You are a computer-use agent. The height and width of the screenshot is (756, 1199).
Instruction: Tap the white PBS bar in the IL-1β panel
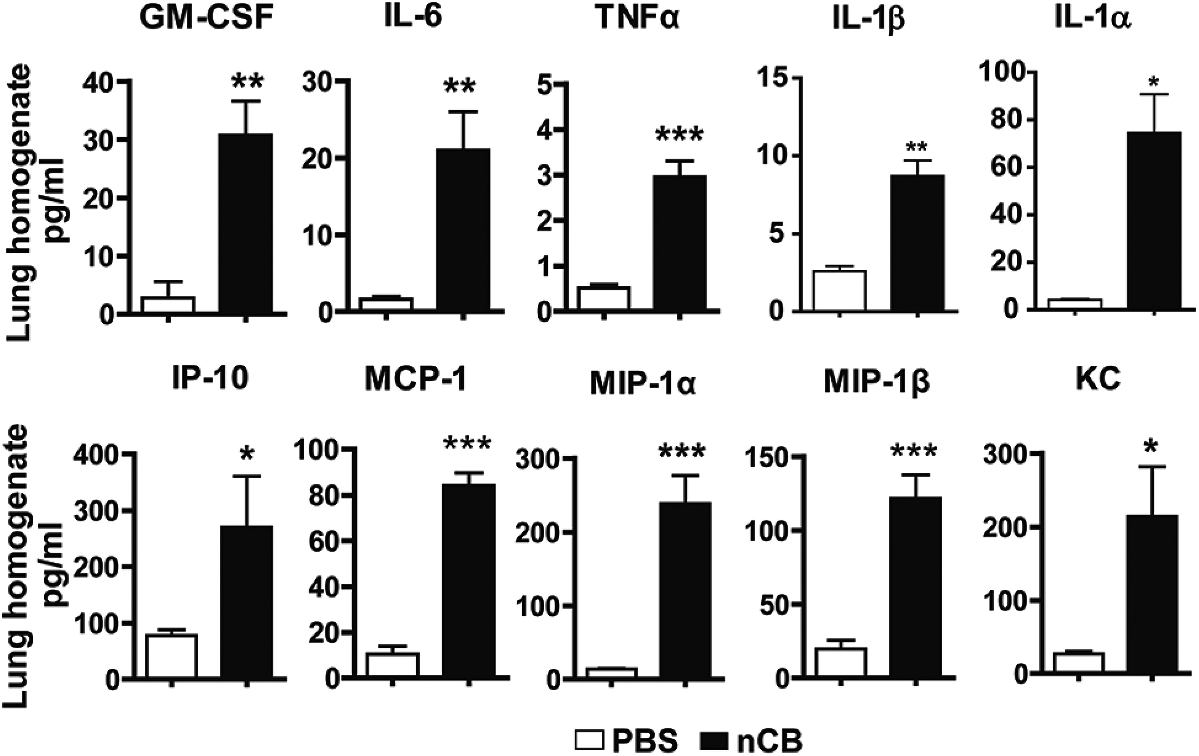(x=840, y=291)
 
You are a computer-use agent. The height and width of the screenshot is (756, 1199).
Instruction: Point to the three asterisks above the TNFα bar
(x=679, y=135)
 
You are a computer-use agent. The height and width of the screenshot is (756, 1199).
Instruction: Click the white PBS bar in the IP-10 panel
(x=171, y=655)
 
